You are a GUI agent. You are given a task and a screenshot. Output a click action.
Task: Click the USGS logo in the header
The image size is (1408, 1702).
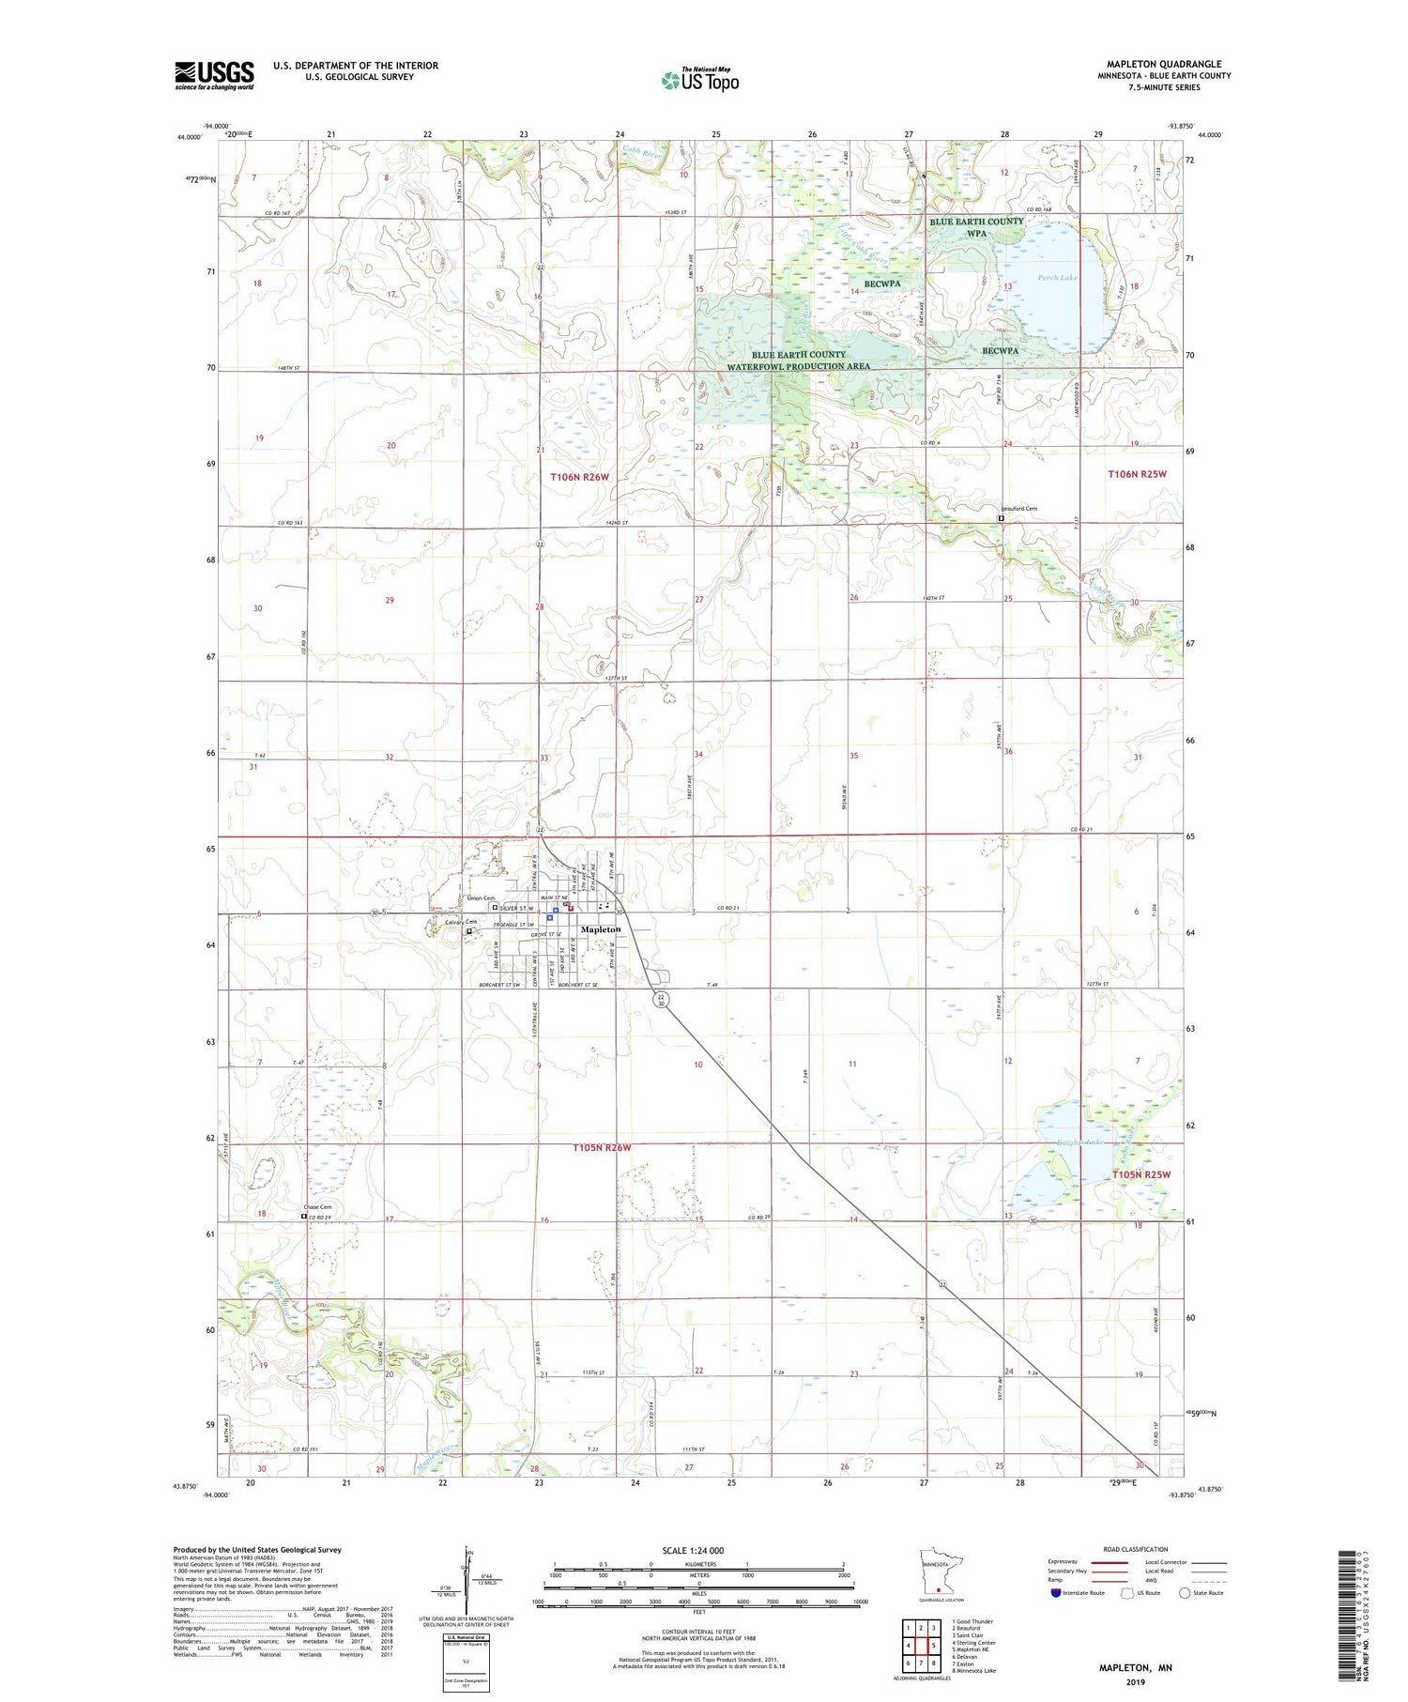pos(214,75)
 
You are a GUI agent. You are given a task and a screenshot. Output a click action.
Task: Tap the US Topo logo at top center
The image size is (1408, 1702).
pos(700,80)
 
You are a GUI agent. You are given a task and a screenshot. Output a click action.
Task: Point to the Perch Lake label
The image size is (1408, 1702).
pos(1057,278)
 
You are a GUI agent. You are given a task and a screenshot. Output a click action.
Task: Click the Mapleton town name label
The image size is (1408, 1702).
pos(601,929)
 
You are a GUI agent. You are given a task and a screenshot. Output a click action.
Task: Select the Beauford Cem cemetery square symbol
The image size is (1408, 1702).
pos(1001,518)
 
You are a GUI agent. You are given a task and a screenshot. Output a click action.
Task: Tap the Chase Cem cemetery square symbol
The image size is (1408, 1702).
pos(303,1217)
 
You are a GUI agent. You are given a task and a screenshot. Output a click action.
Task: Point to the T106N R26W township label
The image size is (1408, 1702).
pos(579,477)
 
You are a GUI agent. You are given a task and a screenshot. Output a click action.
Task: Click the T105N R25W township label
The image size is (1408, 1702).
pos(1141,1174)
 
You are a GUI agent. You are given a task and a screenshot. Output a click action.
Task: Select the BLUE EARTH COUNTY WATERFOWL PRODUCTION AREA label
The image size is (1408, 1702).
pos(799,360)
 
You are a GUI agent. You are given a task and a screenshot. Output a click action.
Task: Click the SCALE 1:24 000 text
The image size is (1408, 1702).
pos(693,1551)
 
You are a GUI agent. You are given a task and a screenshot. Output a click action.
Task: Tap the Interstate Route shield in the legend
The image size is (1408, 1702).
pos(1056,1593)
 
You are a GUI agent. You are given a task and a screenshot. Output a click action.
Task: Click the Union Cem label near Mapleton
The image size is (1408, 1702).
pos(482,898)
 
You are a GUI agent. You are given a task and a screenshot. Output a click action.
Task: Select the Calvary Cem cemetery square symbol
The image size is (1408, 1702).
pos(469,932)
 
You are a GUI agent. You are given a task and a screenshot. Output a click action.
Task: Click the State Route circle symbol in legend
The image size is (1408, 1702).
pos(1185,1593)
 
